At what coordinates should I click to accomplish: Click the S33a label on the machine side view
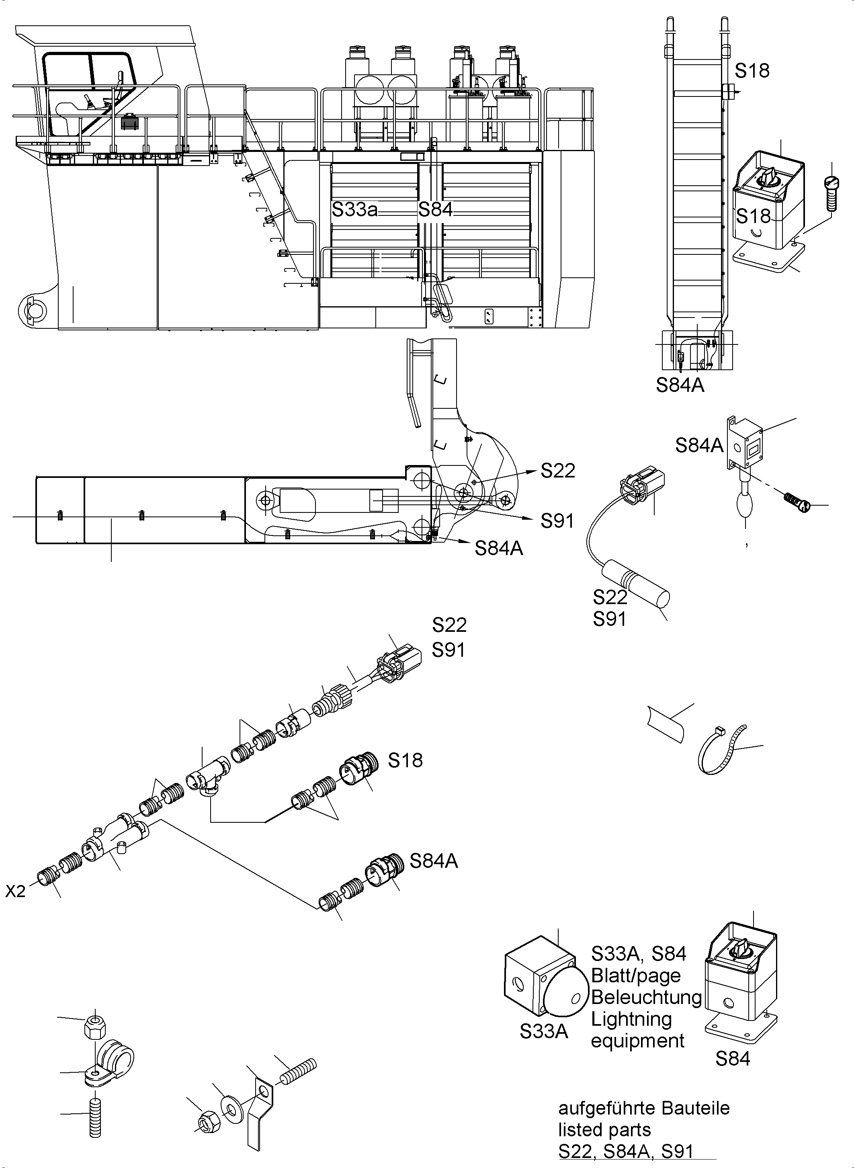pyautogui.click(x=354, y=210)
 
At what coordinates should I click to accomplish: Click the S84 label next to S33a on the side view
pyautogui.click(x=435, y=210)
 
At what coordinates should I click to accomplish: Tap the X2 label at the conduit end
pyautogui.click(x=16, y=892)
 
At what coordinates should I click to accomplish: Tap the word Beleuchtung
pyautogui.click(x=646, y=997)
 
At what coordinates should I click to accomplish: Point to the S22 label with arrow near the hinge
pyautogui.click(x=558, y=471)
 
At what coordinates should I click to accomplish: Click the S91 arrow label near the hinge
pyautogui.click(x=557, y=521)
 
